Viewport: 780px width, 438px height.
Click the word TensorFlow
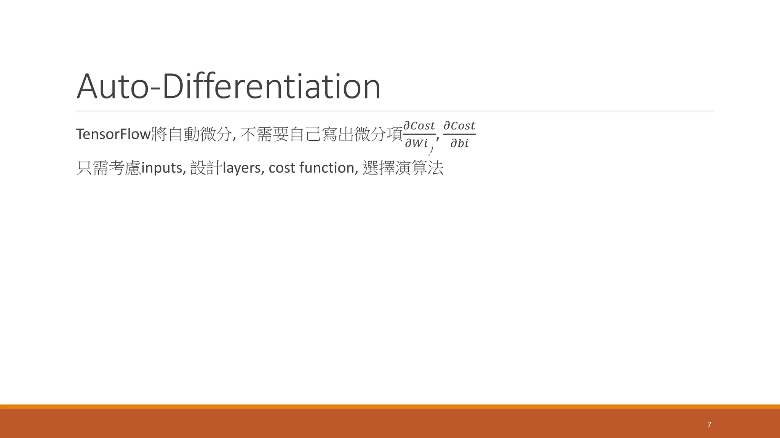(x=113, y=134)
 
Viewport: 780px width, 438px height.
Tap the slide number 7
(x=709, y=424)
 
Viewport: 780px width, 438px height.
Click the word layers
(x=241, y=168)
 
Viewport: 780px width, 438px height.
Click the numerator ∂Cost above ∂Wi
(x=419, y=126)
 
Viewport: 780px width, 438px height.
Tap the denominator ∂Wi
(x=416, y=143)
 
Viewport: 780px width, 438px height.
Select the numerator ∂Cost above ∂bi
(x=459, y=126)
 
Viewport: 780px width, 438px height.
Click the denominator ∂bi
(x=459, y=143)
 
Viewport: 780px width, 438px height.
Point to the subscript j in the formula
(x=432, y=149)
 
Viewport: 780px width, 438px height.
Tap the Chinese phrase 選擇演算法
(x=403, y=168)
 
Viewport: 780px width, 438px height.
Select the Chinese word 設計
(x=206, y=168)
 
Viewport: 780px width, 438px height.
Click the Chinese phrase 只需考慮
(x=109, y=168)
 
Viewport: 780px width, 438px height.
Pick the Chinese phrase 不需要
(x=265, y=134)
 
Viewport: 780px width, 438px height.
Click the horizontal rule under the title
(x=395, y=111)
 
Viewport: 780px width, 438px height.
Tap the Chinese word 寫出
(x=337, y=134)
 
